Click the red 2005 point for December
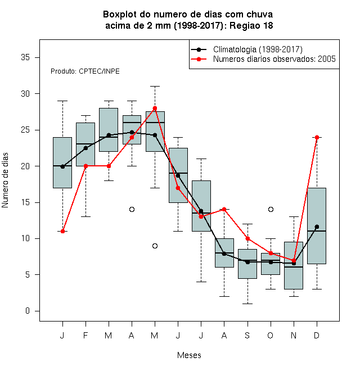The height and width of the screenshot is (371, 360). [x=317, y=137]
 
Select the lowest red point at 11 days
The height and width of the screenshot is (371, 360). [x=62, y=231]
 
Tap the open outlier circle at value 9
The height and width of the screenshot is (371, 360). [x=155, y=246]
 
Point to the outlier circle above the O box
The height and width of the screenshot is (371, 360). [x=271, y=210]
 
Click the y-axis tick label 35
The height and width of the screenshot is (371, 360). [x=25, y=57]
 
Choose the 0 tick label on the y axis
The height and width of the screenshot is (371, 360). [x=28, y=311]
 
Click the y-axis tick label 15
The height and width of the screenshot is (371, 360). [x=25, y=202]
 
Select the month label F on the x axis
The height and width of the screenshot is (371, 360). [x=85, y=335]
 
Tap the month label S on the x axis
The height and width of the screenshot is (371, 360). [x=247, y=335]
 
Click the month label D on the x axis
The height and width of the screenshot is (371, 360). [x=317, y=335]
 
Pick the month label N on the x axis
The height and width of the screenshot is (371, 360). [x=294, y=335]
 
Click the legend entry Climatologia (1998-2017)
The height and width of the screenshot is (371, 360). [x=258, y=49]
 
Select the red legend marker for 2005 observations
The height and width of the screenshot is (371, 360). [x=199, y=59]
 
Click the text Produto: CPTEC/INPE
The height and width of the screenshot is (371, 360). [x=85, y=71]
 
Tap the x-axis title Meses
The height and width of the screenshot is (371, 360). [x=189, y=355]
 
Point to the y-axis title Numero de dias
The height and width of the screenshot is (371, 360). [x=5, y=180]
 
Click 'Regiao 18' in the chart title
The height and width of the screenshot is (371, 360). [x=251, y=25]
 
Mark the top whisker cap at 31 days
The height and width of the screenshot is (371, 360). [x=155, y=87]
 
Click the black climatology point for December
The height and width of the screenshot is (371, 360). [x=317, y=227]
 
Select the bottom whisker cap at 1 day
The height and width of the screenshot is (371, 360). [x=247, y=304]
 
